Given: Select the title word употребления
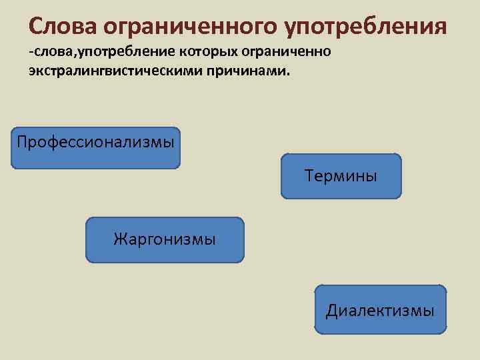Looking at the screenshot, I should pyautogui.click(x=365, y=26).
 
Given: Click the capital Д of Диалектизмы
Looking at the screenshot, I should pyautogui.click(x=331, y=311).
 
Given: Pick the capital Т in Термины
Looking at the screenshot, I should pyautogui.click(x=309, y=176).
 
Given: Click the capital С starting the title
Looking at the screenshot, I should pyautogui.click(x=37, y=26).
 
